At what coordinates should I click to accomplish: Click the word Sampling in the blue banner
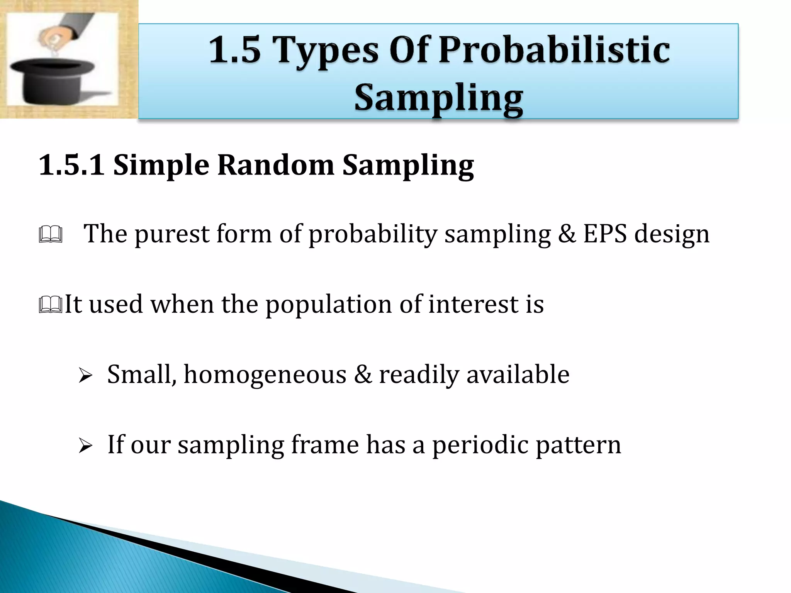[439, 98]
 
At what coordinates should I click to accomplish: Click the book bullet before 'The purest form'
[51, 234]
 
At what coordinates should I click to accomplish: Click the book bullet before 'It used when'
[51, 305]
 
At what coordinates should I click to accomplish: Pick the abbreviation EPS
[605, 234]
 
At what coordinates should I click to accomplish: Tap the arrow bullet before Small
[85, 375]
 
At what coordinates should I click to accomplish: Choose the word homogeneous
[265, 374]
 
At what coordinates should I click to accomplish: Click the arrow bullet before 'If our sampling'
[85, 446]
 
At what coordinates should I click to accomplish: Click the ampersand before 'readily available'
[363, 374]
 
